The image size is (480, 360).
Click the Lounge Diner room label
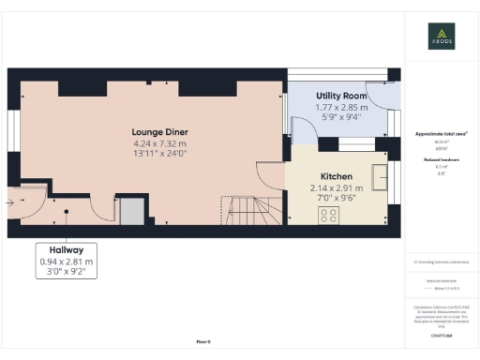click(x=156, y=132)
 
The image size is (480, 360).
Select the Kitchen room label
click(x=337, y=176)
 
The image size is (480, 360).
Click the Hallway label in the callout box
click(x=67, y=250)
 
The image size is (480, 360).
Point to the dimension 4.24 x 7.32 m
click(x=156, y=144)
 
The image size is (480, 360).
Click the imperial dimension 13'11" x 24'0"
click(x=156, y=156)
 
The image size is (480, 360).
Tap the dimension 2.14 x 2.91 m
click(x=337, y=187)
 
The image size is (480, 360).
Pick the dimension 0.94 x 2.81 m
click(x=67, y=262)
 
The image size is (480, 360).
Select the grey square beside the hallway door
click(x=131, y=212)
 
